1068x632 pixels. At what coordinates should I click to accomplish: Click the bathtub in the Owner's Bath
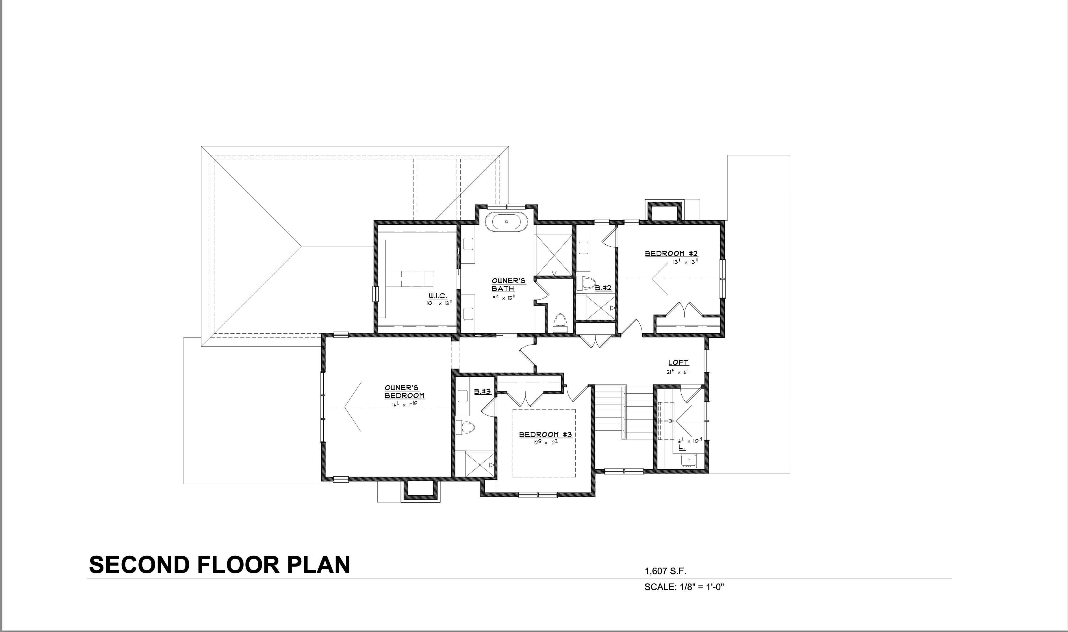[x=507, y=222]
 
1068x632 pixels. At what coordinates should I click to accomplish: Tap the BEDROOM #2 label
[x=671, y=254]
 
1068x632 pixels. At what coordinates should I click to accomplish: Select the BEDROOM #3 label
[x=545, y=435]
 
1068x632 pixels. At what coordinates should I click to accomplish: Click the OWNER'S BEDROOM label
[x=404, y=392]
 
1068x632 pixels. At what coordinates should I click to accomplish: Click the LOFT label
[x=678, y=363]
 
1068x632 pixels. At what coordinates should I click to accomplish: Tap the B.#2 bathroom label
[x=603, y=288]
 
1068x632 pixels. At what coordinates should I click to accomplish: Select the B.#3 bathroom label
[x=483, y=392]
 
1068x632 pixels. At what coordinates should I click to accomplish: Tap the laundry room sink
[x=688, y=461]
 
